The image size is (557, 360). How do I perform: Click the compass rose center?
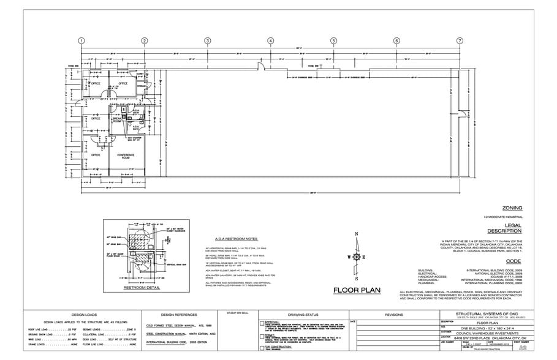tap(355, 257)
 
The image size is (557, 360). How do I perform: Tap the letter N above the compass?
tap(355, 234)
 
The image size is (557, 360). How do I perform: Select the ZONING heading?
tap(512, 208)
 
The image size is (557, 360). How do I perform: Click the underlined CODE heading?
tap(513, 261)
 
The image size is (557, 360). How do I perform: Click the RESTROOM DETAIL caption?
tap(142, 287)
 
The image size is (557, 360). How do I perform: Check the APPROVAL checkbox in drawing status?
tap(262, 323)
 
